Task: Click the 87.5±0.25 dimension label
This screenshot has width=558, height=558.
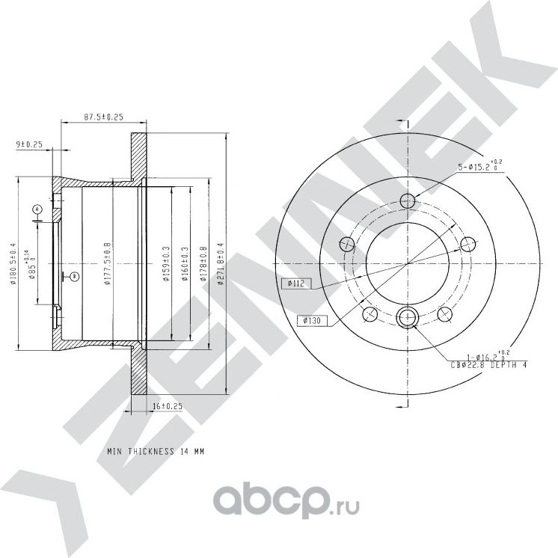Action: [x=103, y=117]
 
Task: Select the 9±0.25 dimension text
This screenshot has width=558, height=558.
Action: [x=28, y=144]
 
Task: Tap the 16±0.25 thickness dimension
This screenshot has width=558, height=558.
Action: [x=166, y=405]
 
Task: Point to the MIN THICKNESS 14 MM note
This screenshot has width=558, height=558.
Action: [x=155, y=452]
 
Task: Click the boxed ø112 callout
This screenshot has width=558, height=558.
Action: [x=295, y=283]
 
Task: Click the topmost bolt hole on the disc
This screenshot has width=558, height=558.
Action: [x=407, y=200]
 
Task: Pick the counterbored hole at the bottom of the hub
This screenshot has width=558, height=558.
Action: [x=407, y=318]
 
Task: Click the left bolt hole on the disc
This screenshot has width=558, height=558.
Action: [x=346, y=244]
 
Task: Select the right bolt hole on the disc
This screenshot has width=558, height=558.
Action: [x=467, y=244]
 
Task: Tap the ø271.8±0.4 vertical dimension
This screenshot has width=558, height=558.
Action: [x=220, y=264]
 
